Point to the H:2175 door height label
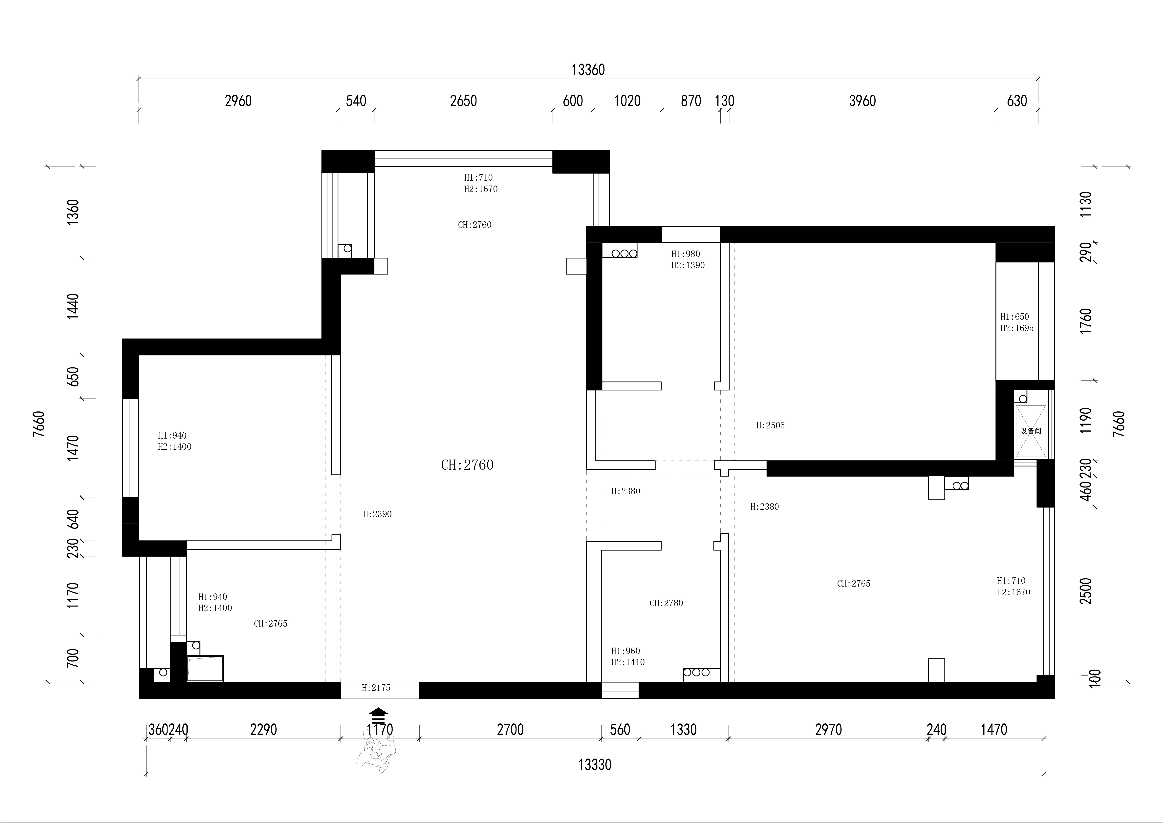(376, 688)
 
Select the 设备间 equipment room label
(1031, 431)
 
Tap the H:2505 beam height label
(770, 426)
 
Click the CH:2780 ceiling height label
(666, 603)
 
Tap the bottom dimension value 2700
(510, 730)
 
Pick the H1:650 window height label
(1014, 317)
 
